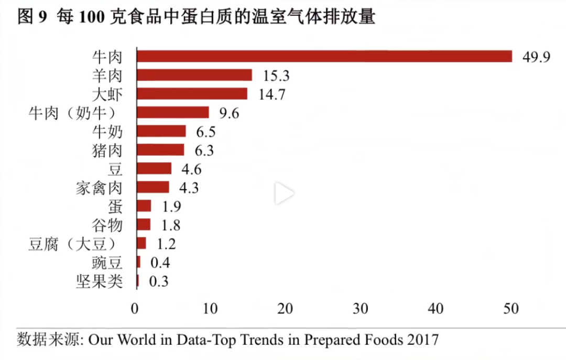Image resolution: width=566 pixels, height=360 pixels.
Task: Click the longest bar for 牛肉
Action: coord(324,56)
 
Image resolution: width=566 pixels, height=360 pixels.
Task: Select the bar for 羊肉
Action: coord(194,75)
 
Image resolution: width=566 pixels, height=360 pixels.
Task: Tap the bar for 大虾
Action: coord(192,94)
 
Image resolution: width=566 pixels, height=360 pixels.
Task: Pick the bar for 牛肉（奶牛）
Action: coord(173,113)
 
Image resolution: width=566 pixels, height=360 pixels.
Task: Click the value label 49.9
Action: coord(536,57)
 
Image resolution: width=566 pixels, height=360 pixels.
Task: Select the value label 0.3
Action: coord(159,282)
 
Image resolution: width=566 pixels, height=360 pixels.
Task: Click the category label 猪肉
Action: coord(107,150)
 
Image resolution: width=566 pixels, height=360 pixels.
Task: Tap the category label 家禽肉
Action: coord(99,188)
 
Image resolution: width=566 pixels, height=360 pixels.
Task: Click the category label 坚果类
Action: coord(99,282)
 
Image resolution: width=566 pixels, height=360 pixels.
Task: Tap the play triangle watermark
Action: coord(284,194)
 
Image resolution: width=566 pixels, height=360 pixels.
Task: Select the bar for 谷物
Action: coord(144,225)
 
